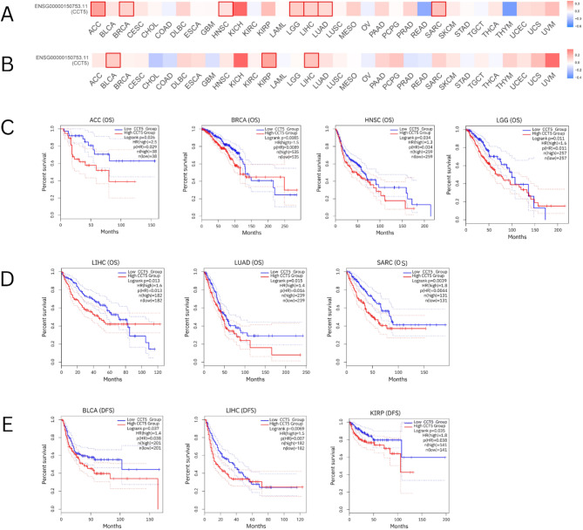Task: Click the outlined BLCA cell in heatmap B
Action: tap(112, 60)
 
